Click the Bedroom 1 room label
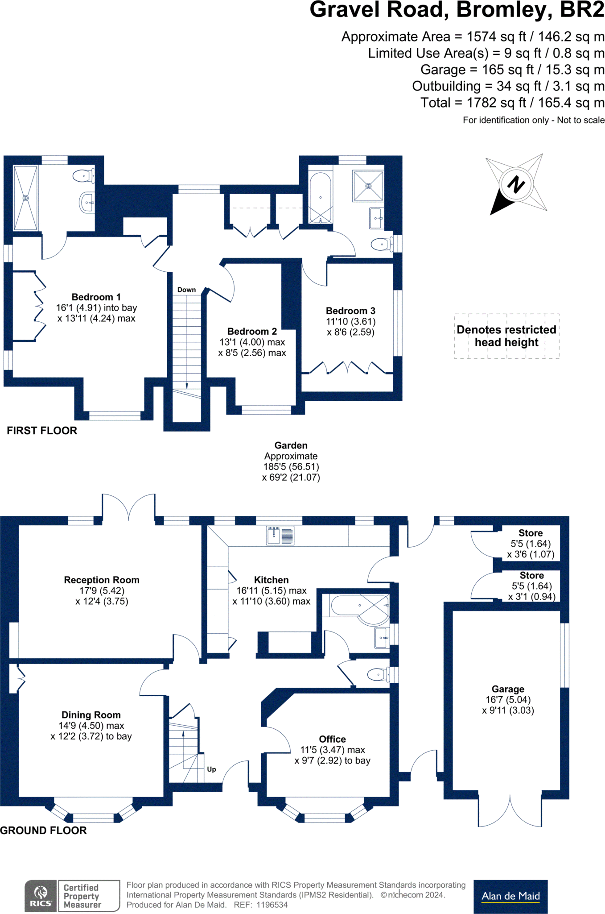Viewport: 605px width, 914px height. click(96, 297)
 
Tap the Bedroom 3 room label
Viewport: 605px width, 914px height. click(350, 311)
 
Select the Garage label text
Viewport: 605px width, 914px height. click(508, 689)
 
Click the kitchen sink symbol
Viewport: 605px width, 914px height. click(280, 536)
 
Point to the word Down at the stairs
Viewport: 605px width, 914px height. click(186, 290)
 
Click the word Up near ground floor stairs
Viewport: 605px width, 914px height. click(211, 769)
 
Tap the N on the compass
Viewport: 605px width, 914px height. click(516, 184)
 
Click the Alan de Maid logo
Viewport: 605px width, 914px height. click(510, 896)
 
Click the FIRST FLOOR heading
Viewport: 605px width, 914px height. click(42, 431)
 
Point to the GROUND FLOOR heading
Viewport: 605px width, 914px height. click(43, 831)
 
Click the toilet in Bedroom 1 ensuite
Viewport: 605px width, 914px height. click(83, 176)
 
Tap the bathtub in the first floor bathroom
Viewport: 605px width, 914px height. click(320, 198)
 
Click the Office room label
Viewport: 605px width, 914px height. click(332, 739)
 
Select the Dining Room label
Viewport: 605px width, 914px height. click(91, 715)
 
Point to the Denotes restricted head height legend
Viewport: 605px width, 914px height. click(506, 336)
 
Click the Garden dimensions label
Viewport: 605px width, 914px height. click(291, 461)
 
